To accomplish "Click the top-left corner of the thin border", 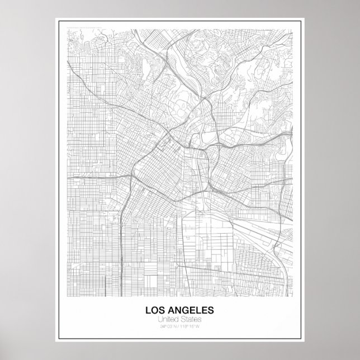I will pos(56,20).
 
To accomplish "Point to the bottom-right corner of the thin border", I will pos(304,340).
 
